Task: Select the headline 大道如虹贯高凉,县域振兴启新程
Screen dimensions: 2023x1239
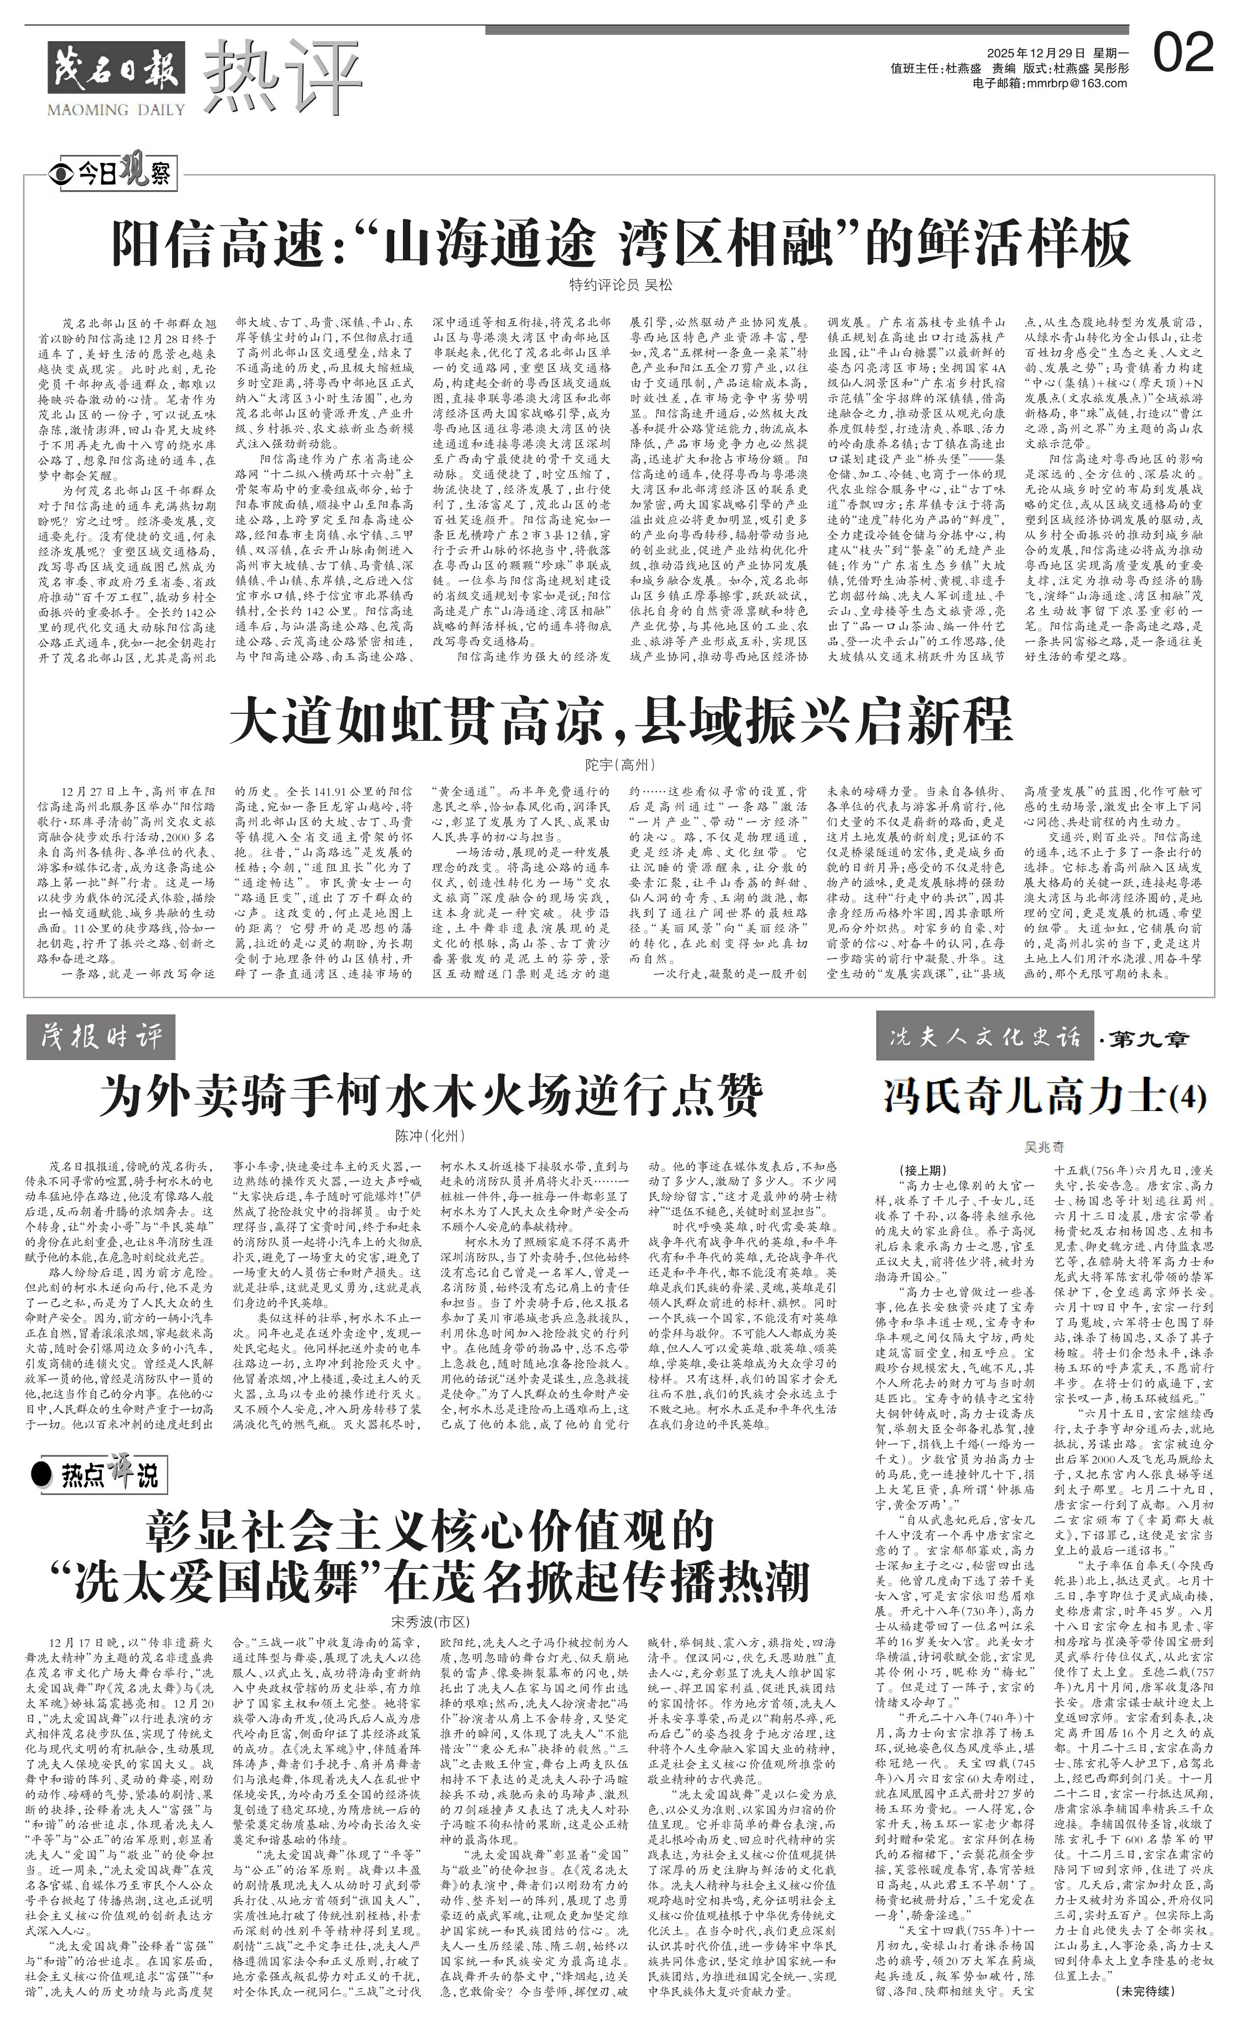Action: (620, 723)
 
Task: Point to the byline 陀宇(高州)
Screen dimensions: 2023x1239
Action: (620, 764)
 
